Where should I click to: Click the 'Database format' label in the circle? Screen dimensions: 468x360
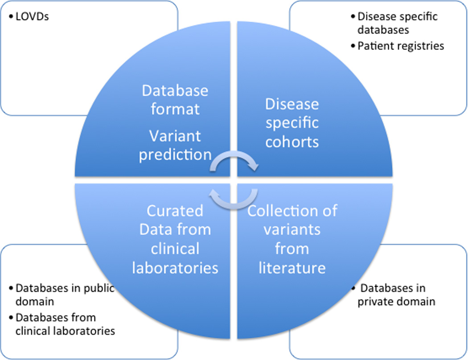175,100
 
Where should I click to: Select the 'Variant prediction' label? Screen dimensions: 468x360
175,145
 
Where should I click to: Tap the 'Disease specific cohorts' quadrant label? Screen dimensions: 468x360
292,123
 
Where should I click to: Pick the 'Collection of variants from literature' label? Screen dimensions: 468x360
292,239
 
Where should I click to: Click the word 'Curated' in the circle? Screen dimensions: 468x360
175,211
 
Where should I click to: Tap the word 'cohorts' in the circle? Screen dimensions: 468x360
292,142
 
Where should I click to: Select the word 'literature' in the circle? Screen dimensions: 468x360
292,267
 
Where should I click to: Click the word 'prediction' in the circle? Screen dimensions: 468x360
175,155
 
